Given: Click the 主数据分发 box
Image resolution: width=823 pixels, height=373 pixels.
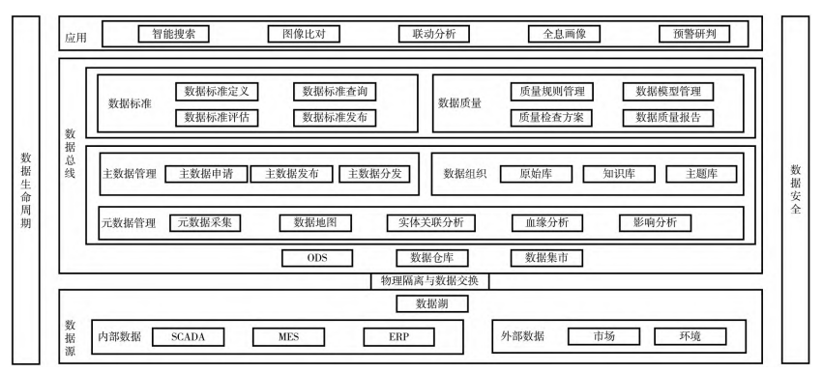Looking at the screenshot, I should coord(375,175).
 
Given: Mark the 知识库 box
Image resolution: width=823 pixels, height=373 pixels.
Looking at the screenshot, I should coord(618,175).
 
